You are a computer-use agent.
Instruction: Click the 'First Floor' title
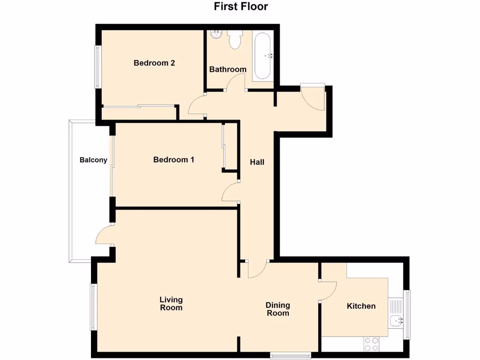pyautogui.click(x=241, y=7)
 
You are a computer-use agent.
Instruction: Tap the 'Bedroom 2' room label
pyautogui.click(x=154, y=63)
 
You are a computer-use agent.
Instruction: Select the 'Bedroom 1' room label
pyautogui.click(x=173, y=160)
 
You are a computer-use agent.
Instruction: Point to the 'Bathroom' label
pyautogui.click(x=227, y=69)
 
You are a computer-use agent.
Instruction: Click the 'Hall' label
pyautogui.click(x=257, y=162)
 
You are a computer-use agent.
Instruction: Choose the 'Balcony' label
pyautogui.click(x=93, y=160)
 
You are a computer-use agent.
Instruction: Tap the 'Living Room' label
pyautogui.click(x=171, y=304)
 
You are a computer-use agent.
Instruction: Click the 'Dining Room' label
pyautogui.click(x=278, y=309)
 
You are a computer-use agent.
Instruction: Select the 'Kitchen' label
pyautogui.click(x=361, y=306)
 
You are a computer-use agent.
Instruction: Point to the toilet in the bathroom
pyautogui.click(x=234, y=39)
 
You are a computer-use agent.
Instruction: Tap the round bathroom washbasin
pyautogui.click(x=216, y=34)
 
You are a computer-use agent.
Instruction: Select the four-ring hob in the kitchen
pyautogui.click(x=371, y=344)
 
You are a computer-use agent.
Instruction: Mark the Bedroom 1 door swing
pyautogui.click(x=231, y=193)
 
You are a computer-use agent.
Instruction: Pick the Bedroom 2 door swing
pyautogui.click(x=197, y=105)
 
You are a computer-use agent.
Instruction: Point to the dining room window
pyautogui.click(x=291, y=355)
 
